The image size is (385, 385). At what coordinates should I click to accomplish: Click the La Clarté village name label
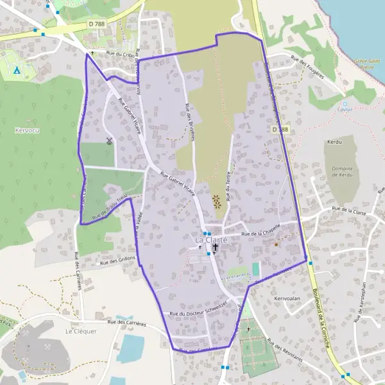tap(211, 239)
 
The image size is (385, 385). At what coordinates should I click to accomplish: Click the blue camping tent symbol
tap(17, 69)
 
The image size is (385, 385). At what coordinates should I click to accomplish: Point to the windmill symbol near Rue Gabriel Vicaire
tap(109, 141)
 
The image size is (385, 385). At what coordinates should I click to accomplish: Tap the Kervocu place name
tap(26, 130)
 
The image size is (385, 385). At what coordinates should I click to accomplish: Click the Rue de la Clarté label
tap(349, 210)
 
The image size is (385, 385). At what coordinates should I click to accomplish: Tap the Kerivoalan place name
tap(287, 298)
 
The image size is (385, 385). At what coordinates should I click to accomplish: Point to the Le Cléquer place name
tap(81, 331)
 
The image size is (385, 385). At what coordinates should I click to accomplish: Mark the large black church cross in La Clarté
tap(216, 247)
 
